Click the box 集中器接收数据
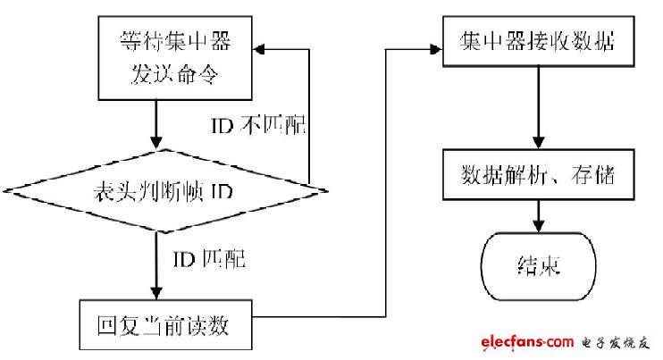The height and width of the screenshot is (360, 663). (534, 41)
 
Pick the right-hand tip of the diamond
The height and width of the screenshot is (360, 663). (323, 189)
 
